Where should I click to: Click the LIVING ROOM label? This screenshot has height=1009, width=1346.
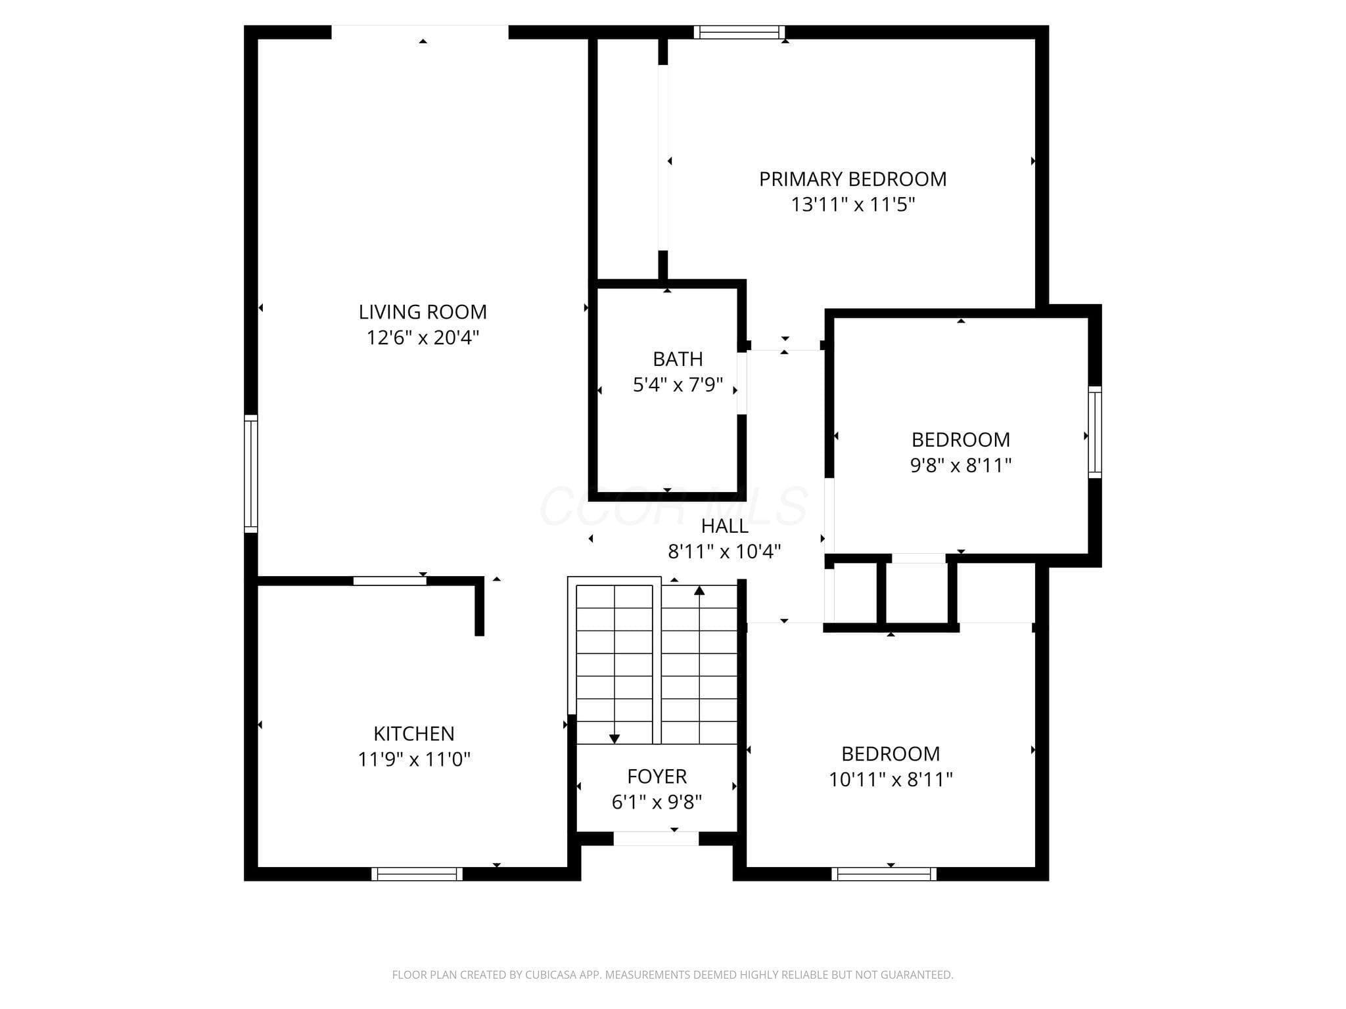click(423, 311)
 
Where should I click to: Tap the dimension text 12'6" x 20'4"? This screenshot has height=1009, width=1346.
click(423, 338)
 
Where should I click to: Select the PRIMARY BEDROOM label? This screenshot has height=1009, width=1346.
click(852, 179)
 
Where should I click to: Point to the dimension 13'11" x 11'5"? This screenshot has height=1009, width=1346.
click(852, 205)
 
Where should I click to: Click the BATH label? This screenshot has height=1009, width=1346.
click(678, 359)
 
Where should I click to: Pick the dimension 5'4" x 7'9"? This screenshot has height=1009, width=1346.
click(678, 385)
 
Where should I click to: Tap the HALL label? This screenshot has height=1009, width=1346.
click(724, 526)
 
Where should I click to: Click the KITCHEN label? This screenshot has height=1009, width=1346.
click(414, 733)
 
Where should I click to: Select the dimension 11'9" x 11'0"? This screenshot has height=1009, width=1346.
click(414, 759)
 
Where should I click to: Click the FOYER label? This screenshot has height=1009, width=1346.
click(657, 776)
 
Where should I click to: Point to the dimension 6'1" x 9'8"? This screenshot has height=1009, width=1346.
click(657, 802)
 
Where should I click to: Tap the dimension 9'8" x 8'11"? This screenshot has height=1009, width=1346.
click(960, 465)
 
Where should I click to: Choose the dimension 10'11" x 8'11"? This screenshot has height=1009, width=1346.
click(891, 779)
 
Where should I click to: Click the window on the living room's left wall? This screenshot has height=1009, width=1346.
click(250, 474)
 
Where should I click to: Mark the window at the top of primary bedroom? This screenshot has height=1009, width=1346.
click(739, 32)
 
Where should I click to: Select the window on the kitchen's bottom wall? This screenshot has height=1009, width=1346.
click(417, 874)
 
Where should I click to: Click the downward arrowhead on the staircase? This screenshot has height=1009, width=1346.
click(615, 739)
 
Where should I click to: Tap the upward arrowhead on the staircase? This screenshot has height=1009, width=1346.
click(699, 591)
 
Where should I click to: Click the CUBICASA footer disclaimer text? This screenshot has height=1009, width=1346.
click(672, 975)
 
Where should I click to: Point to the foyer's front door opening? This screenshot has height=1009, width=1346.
click(656, 839)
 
